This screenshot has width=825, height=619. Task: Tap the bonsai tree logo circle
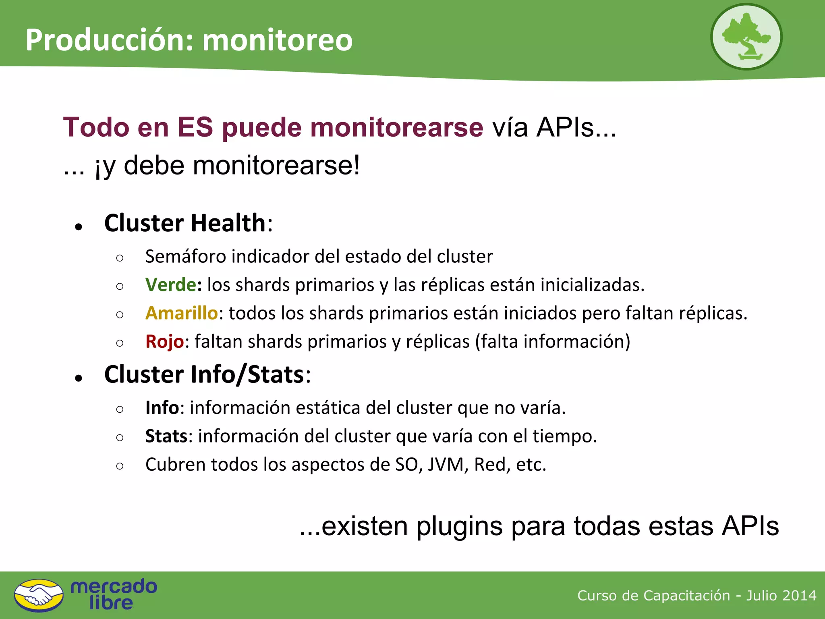point(746,37)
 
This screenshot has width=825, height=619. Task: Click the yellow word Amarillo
point(181,313)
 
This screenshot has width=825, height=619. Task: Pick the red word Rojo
point(164,342)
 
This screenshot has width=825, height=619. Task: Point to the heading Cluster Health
point(185,223)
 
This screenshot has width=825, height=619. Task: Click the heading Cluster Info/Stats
point(204,374)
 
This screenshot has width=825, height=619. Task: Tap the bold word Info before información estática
point(162,408)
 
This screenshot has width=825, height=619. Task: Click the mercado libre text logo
point(114,595)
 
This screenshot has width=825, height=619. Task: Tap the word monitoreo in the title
point(277,40)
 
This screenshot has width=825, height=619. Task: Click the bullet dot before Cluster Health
point(79,226)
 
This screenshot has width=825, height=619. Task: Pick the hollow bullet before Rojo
point(120,343)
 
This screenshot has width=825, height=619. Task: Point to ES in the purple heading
point(195,127)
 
